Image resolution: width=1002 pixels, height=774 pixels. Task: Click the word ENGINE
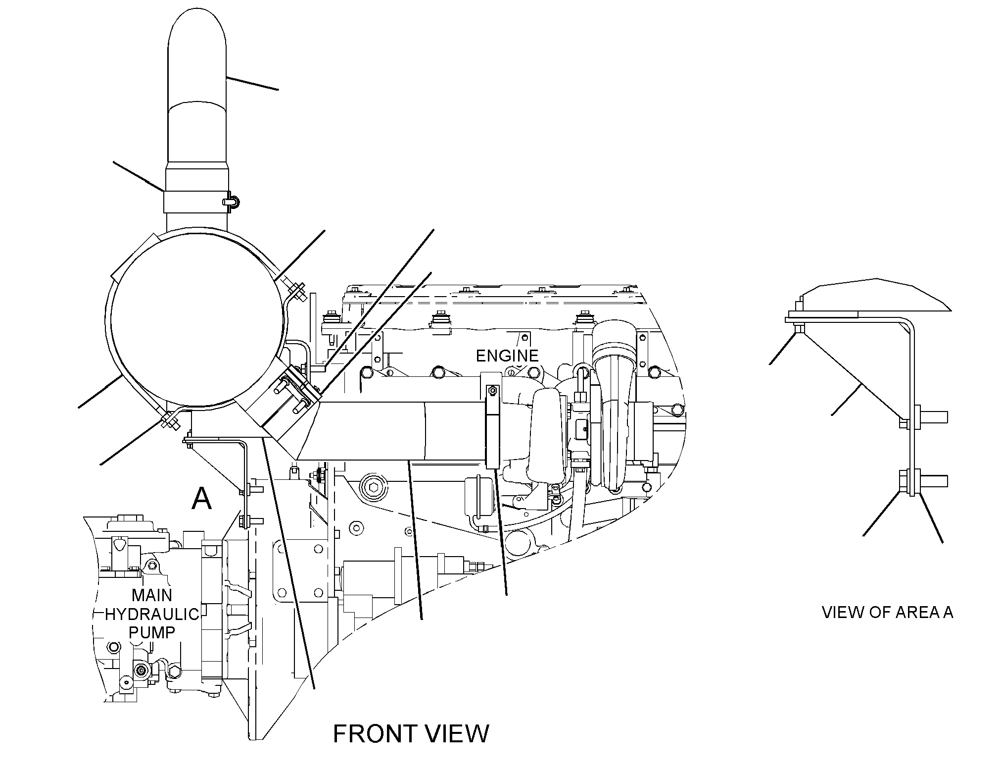coord(507,356)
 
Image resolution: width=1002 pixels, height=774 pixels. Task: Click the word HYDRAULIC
coord(152,615)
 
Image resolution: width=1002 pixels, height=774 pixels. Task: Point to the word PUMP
coord(152,632)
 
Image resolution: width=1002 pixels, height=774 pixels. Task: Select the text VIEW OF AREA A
coord(888,612)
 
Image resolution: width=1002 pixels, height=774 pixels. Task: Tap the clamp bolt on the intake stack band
coord(230,201)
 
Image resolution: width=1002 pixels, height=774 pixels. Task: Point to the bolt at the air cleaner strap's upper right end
coord(295,291)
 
